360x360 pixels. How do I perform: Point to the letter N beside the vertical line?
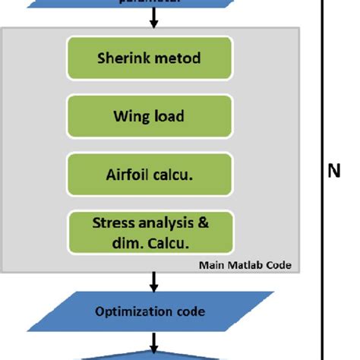click(x=333, y=172)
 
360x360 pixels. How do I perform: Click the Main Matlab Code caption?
click(x=245, y=265)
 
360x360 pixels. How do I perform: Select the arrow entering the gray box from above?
click(x=153, y=20)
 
